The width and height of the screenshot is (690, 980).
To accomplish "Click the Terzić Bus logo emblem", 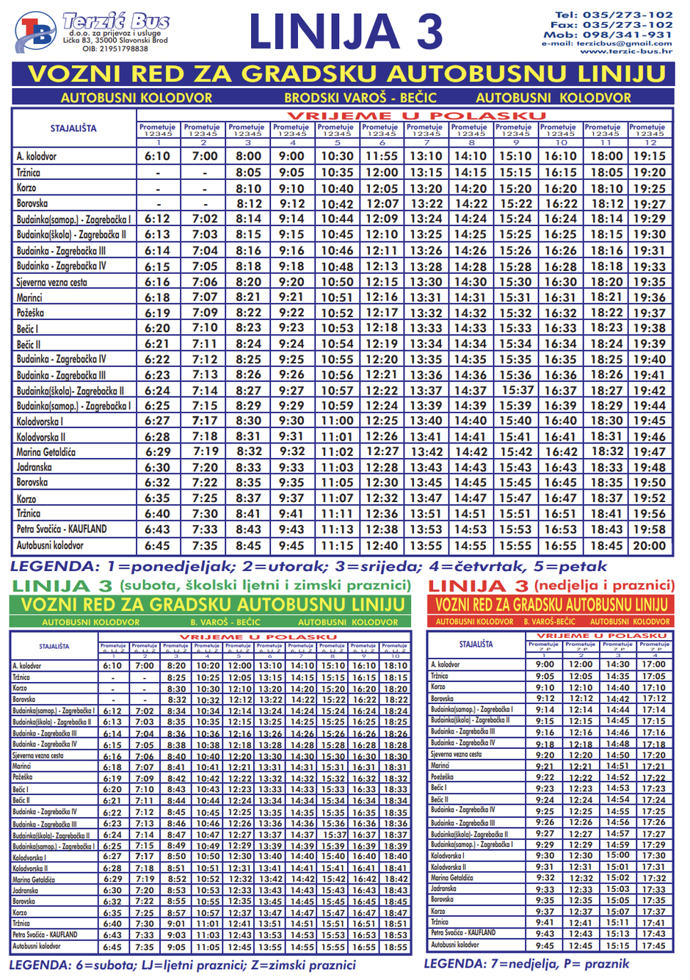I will pyautogui.click(x=34, y=33).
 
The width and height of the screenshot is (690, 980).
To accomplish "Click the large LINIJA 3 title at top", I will pyautogui.click(x=346, y=32).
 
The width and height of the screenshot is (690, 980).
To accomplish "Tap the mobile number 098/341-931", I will pyautogui.click(x=628, y=35).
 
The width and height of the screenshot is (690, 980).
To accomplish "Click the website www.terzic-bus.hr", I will pyautogui.click(x=625, y=51).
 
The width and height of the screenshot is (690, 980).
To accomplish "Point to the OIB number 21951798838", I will pyautogui.click(x=115, y=49).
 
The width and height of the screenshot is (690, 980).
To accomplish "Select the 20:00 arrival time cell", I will pyautogui.click(x=650, y=546).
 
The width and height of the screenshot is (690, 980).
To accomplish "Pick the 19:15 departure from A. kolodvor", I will pyautogui.click(x=650, y=156).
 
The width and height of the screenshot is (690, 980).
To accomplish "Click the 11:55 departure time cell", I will pyautogui.click(x=382, y=156).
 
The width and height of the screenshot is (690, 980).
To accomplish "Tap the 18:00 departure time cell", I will pyautogui.click(x=606, y=156).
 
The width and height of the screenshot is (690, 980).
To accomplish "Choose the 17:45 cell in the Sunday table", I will pyautogui.click(x=653, y=945).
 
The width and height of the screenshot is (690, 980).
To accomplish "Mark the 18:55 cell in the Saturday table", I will pyautogui.click(x=395, y=947).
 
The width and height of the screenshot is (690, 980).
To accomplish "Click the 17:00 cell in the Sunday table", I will pyautogui.click(x=653, y=664).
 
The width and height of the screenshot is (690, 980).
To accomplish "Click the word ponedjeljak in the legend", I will pyautogui.click(x=159, y=567).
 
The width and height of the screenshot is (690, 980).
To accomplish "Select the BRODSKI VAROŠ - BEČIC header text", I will pyautogui.click(x=360, y=98).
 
